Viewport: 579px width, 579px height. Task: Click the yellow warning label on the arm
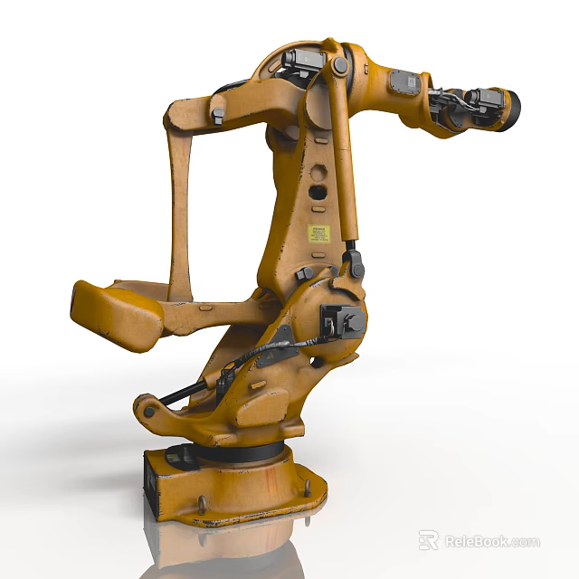(318, 233)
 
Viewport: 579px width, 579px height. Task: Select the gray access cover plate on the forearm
(403, 82)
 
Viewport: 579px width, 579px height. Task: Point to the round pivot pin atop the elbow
(340, 65)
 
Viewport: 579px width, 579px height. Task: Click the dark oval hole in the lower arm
(318, 192)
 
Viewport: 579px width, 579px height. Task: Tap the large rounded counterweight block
(116, 314)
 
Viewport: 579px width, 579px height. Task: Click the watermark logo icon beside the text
(429, 541)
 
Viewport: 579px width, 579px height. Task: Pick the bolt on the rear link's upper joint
(217, 114)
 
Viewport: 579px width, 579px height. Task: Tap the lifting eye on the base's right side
(308, 489)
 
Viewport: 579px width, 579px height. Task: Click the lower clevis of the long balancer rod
(355, 263)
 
